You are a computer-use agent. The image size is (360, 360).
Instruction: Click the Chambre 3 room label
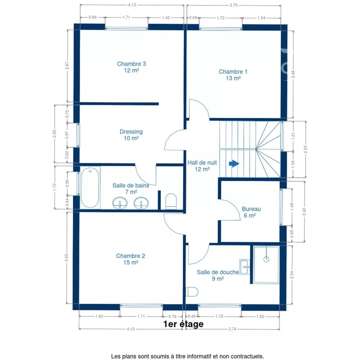[131, 67]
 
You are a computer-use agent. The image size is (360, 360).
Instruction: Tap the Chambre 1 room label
[233, 75]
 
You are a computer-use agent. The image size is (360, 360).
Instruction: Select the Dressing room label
[131, 135]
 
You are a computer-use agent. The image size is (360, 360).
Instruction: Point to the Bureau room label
[251, 212]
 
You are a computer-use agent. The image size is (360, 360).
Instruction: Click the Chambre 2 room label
[130, 259]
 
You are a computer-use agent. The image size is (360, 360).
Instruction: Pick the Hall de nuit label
[202, 166]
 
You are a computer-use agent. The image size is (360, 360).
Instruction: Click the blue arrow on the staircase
[234, 164]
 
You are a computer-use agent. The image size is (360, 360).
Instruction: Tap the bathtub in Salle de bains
[90, 187]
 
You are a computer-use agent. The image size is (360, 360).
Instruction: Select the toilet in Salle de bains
[171, 201]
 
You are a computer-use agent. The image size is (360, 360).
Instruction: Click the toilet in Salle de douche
[192, 292]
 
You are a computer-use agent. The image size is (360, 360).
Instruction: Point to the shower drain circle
[266, 259]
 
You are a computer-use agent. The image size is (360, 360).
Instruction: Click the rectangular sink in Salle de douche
[245, 267]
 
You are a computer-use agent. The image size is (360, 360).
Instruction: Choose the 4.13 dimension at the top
[132, 5]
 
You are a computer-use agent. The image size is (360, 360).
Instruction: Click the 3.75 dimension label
[234, 5]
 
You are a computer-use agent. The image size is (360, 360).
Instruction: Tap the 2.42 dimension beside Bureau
[304, 211]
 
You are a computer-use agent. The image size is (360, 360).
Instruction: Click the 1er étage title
[183, 324]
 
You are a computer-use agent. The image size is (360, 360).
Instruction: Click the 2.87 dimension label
[67, 66]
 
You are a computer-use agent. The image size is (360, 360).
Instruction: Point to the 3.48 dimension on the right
[293, 74]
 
